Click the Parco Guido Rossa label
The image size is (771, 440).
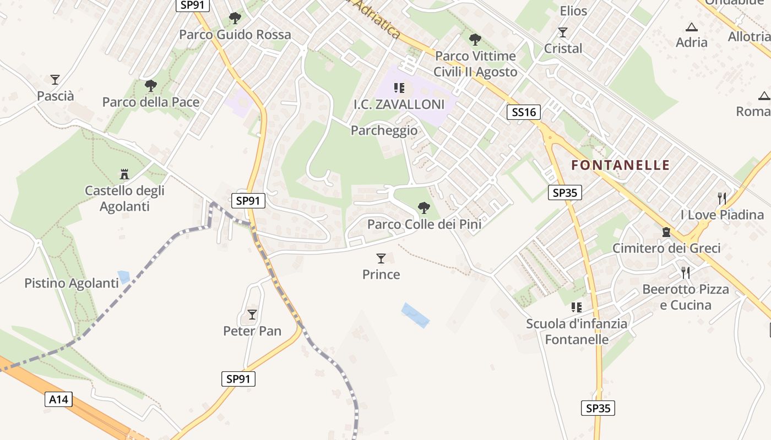pyautogui.click(x=235, y=35)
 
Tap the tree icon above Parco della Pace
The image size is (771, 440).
pyautogui.click(x=150, y=86)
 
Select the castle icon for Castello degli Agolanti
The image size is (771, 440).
pyautogui.click(x=124, y=174)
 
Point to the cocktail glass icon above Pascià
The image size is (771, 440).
pyautogui.click(x=55, y=80)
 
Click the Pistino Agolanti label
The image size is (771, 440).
pyautogui.click(x=72, y=283)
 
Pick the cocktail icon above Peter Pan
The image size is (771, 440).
pyautogui.click(x=252, y=315)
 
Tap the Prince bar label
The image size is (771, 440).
pyautogui.click(x=381, y=274)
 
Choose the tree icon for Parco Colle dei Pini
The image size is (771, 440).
pyautogui.click(x=423, y=208)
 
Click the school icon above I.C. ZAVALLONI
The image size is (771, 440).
pyautogui.click(x=399, y=88)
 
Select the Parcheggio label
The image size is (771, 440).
pyautogui.click(x=384, y=130)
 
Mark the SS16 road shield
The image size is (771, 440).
pyautogui.click(x=523, y=113)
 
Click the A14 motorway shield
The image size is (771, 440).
pyautogui.click(x=59, y=399)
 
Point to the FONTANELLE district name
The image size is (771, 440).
pyautogui.click(x=621, y=165)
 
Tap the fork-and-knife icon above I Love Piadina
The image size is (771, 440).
pyautogui.click(x=722, y=198)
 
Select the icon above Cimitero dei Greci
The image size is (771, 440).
pyautogui.click(x=666, y=232)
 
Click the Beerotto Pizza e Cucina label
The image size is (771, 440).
pyautogui.click(x=686, y=297)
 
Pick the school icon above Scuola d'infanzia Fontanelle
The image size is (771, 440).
pyautogui.click(x=577, y=307)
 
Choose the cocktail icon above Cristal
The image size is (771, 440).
pyautogui.click(x=563, y=32)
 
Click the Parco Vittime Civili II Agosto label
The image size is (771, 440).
pyautogui.click(x=475, y=64)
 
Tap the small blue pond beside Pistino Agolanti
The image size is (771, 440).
pyautogui.click(x=124, y=277)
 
